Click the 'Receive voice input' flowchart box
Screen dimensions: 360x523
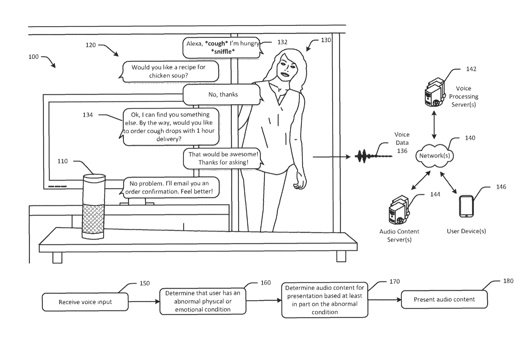pyautogui.click(x=85, y=302)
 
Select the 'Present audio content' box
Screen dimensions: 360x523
pyautogui.click(x=444, y=300)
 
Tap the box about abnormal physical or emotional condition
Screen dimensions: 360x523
pyautogui.click(x=203, y=301)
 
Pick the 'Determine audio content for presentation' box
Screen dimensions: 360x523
pyautogui.click(x=325, y=300)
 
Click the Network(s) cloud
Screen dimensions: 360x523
pyautogui.click(x=434, y=156)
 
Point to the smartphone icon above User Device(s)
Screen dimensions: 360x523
pyautogui.click(x=466, y=206)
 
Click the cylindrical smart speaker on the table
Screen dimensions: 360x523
pyautogui.click(x=93, y=207)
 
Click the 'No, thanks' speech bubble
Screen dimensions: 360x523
pyautogui.click(x=222, y=95)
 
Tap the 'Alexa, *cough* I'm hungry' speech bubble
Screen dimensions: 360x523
pyautogui.click(x=222, y=47)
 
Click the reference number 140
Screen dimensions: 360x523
pyautogui.click(x=470, y=138)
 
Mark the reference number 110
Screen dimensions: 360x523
pyautogui.click(x=62, y=161)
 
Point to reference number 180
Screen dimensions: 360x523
pyautogui.click(x=508, y=281)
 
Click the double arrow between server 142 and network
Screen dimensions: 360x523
pyautogui.click(x=434, y=125)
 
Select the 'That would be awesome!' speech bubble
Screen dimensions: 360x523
pyautogui.click(x=223, y=158)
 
